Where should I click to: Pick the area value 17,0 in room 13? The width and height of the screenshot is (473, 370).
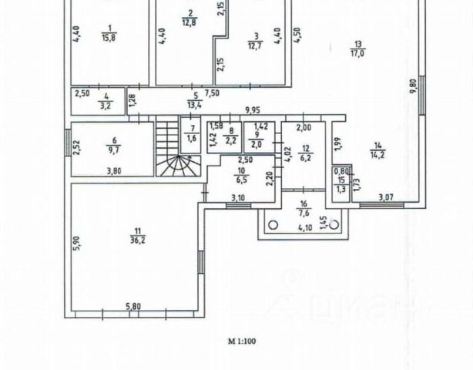point(356,54)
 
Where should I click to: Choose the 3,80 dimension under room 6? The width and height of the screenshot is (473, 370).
point(114,170)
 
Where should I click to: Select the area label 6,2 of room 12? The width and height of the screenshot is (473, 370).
point(305,156)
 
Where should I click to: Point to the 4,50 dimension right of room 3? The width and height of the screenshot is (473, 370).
point(297,35)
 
